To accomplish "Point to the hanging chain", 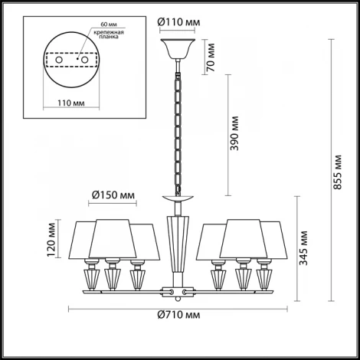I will [177, 130].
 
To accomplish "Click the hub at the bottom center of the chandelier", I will [177, 291].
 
